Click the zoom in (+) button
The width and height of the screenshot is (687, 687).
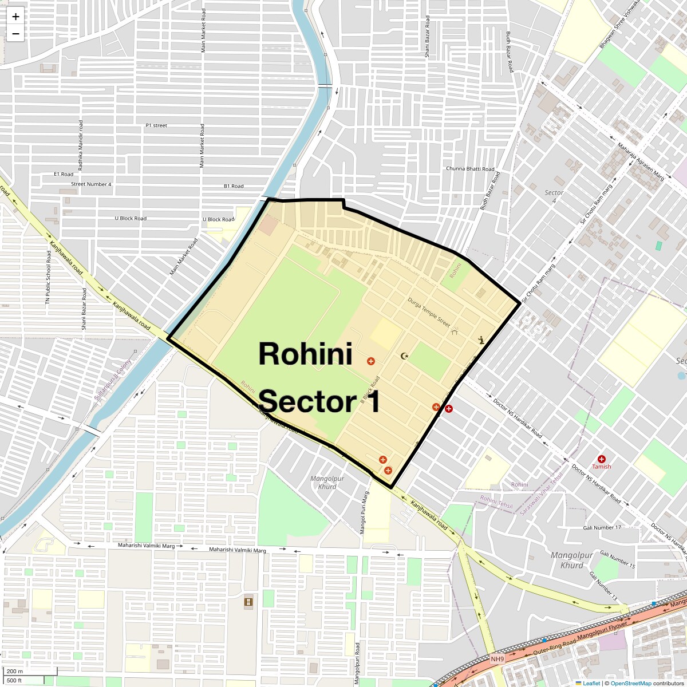pyautogui.click(x=15, y=17)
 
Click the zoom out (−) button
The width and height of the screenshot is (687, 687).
pyautogui.click(x=15, y=34)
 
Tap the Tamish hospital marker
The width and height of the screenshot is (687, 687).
pyautogui.click(x=602, y=459)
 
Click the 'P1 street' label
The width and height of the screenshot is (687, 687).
pyautogui.click(x=156, y=125)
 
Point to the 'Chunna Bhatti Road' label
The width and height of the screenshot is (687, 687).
pyautogui.click(x=470, y=169)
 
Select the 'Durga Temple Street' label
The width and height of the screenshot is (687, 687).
pyautogui.click(x=429, y=311)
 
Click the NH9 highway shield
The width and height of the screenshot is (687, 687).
pyautogui.click(x=497, y=659)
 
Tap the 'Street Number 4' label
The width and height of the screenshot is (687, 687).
pyautogui.click(x=91, y=184)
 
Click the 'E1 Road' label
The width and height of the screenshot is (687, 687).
pyautogui.click(x=64, y=174)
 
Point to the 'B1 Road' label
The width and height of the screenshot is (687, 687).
pyautogui.click(x=234, y=186)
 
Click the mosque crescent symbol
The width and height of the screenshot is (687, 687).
pyautogui.click(x=405, y=356)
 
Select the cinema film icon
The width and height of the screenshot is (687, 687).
pyautogui.click(x=248, y=602)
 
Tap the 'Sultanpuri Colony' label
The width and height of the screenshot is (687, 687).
pyautogui.click(x=113, y=379)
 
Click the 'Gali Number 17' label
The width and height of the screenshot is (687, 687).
pyautogui.click(x=602, y=527)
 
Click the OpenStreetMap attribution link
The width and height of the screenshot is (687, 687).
pyautogui.click(x=630, y=683)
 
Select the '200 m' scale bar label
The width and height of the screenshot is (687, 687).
pyautogui.click(x=15, y=672)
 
